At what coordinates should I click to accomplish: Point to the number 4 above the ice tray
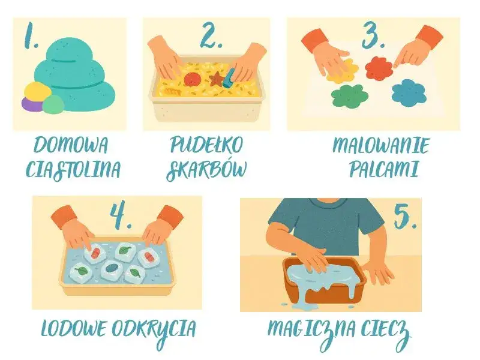(x=120, y=216)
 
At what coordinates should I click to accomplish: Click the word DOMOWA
(x=71, y=145)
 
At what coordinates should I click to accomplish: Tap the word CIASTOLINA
(x=73, y=170)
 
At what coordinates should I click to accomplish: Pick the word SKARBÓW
(x=206, y=170)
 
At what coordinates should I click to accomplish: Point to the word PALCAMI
(x=383, y=170)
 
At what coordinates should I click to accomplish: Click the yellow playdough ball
(x=38, y=91)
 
